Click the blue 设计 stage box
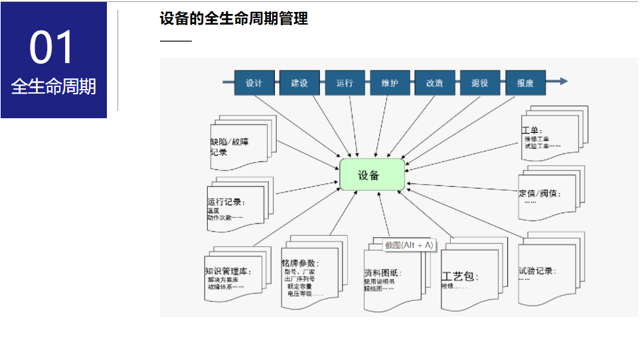click(x=254, y=84)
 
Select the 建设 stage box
click(x=299, y=84)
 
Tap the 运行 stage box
click(x=345, y=84)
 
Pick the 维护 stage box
click(x=390, y=84)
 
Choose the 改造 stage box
click(x=435, y=84)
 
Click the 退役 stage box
click(x=480, y=84)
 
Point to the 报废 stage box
click(x=525, y=84)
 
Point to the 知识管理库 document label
click(x=228, y=271)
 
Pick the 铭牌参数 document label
click(x=300, y=263)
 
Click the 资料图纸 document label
click(x=382, y=272)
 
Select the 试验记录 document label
click(x=537, y=271)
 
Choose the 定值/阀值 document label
click(x=539, y=194)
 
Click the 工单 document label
click(x=532, y=130)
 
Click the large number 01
click(x=53, y=48)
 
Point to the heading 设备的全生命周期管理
click(x=234, y=19)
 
